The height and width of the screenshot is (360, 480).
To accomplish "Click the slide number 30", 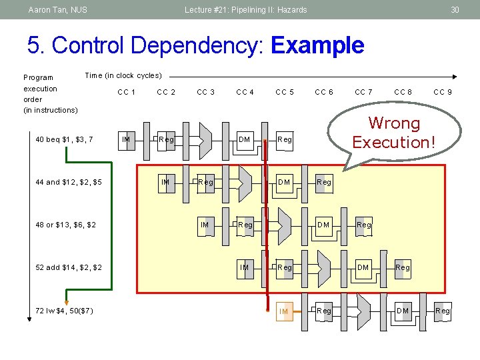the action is point(455,9).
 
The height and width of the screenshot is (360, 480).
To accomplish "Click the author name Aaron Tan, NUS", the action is point(57,9).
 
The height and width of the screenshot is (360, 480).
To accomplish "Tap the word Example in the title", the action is point(318,46).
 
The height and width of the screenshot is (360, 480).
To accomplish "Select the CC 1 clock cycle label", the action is point(127,92).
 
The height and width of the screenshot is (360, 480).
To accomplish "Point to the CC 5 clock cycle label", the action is point(285,92).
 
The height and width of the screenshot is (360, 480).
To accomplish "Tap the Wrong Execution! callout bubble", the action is point(395,133).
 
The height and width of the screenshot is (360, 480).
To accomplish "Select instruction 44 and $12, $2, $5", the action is point(69,182).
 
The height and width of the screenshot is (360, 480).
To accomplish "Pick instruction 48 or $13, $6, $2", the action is point(65,225).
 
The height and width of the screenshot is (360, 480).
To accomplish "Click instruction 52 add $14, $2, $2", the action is point(69,267).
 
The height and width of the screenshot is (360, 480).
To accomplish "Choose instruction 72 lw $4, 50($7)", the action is point(64,311).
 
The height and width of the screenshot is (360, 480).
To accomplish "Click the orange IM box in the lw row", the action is point(284,311).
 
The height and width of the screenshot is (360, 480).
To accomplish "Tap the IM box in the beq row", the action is point(126,139).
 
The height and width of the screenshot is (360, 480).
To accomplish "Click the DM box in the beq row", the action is point(245,139).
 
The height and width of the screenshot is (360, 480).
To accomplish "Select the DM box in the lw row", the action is point(403,311).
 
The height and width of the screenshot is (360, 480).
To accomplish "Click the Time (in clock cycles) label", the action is point(123,75).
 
